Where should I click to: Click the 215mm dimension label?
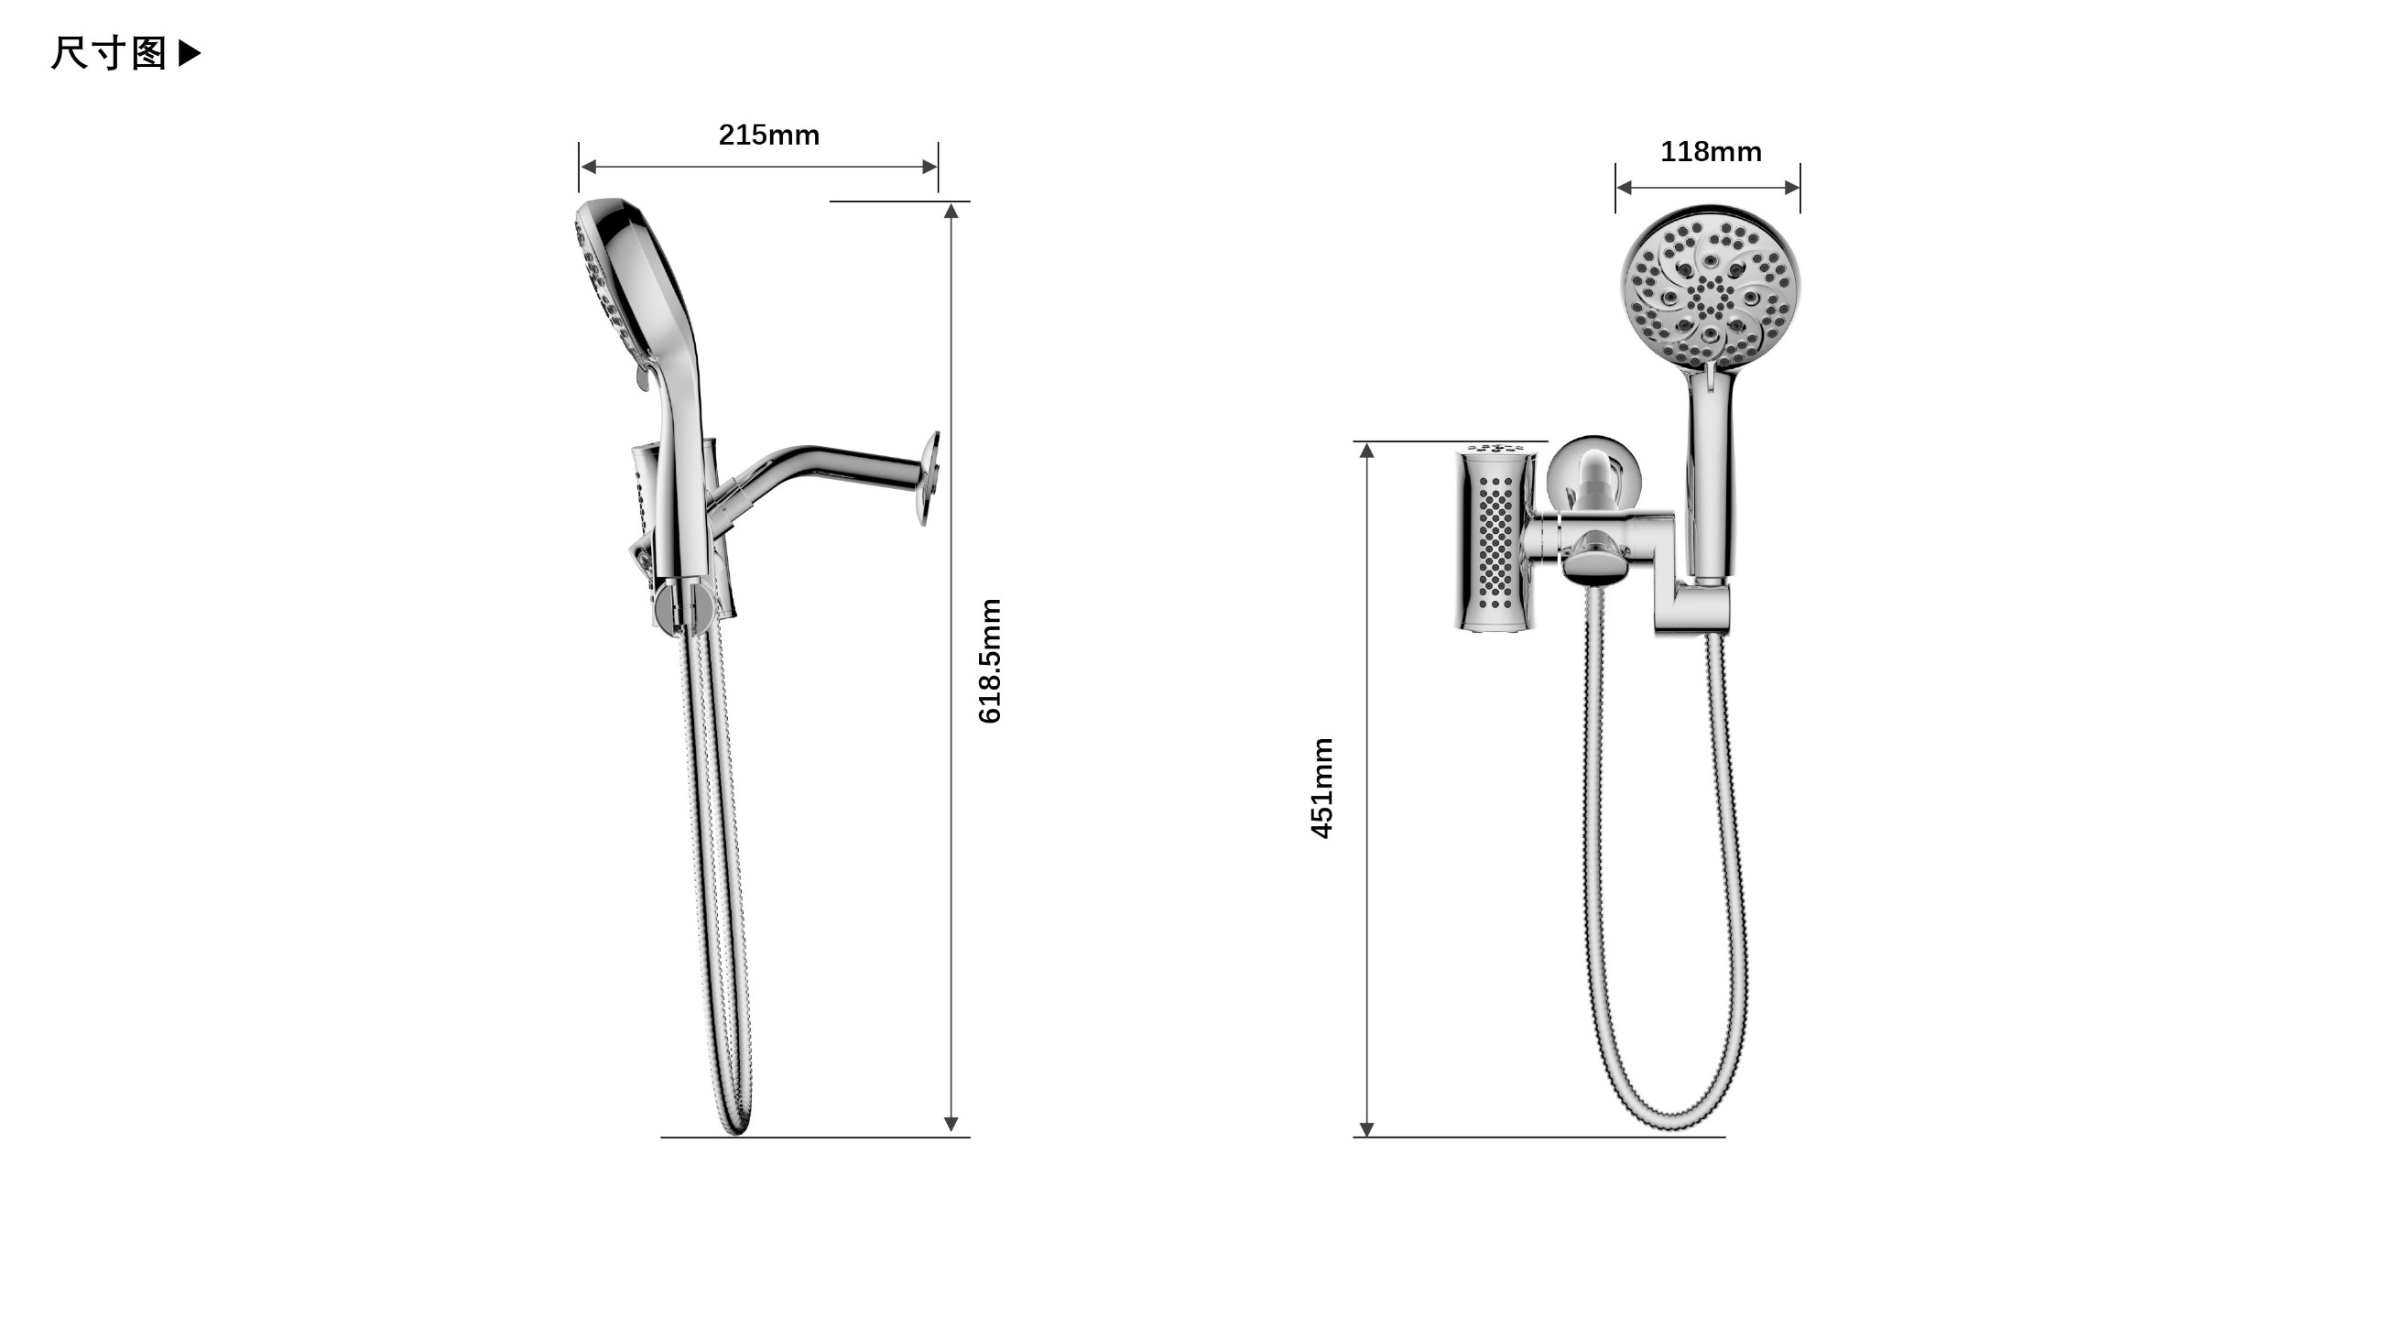pos(769,135)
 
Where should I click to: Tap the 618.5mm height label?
pos(989,660)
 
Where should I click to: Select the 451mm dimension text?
pos(1321,789)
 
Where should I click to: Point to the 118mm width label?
pos(1711,151)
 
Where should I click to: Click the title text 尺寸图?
pos(109,54)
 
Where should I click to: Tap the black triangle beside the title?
pos(189,53)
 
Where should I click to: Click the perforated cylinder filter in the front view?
pos(1495,539)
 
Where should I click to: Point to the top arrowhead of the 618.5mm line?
pos(951,211)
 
